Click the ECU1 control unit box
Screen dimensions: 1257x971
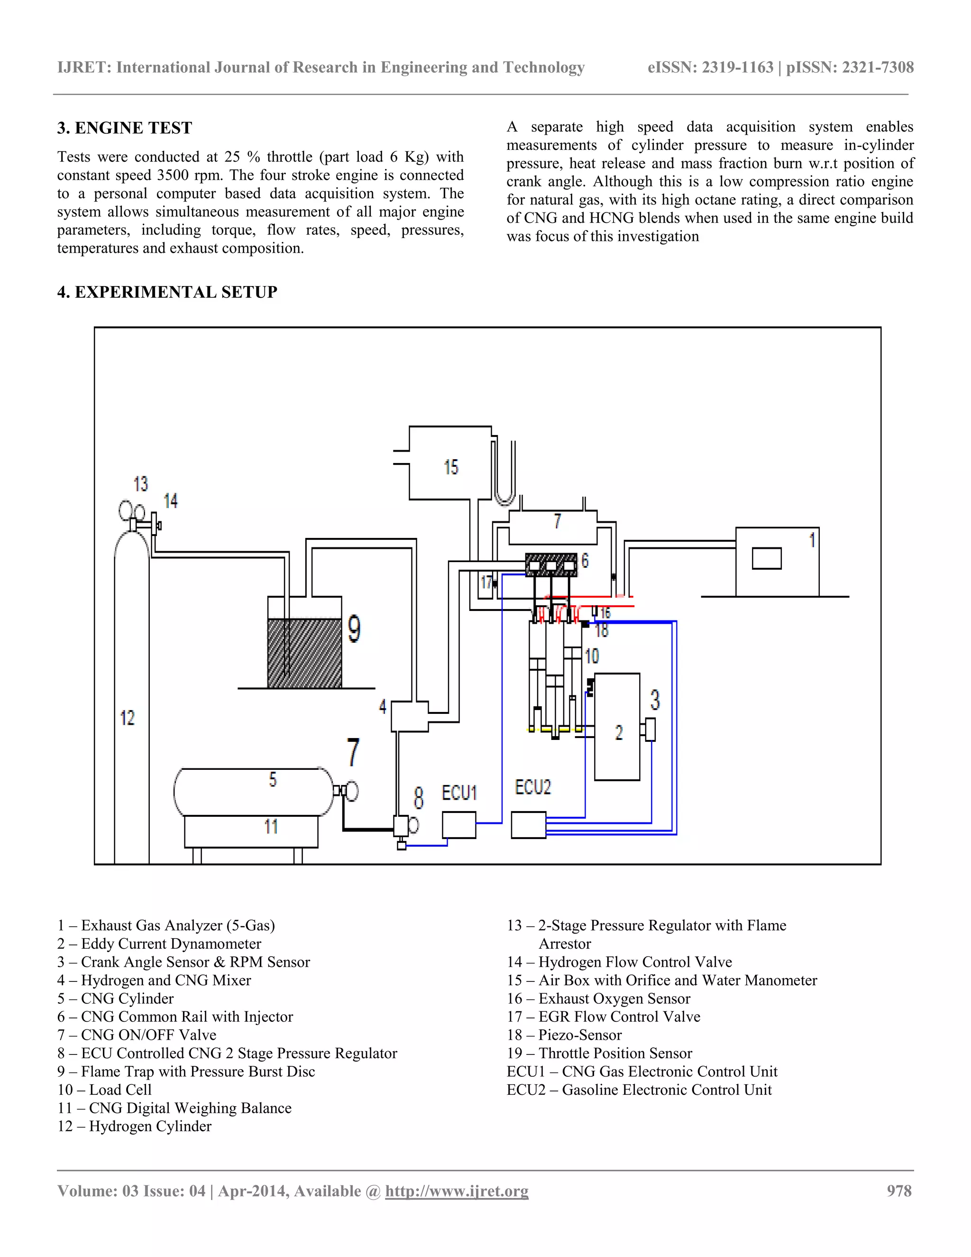pyautogui.click(x=458, y=825)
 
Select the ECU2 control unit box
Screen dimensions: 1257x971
pyautogui.click(x=528, y=825)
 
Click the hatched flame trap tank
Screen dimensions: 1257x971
pyautogui.click(x=304, y=653)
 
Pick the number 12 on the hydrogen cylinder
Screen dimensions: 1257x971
pyautogui.click(x=127, y=718)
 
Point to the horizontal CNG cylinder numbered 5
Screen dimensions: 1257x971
pyautogui.click(x=254, y=791)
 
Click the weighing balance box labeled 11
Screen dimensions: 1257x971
pyautogui.click(x=251, y=831)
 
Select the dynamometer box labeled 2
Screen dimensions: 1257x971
pyautogui.click(x=617, y=727)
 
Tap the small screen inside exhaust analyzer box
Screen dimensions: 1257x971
pyautogui.click(x=766, y=558)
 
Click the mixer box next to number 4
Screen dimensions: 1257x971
pyautogui.click(x=410, y=716)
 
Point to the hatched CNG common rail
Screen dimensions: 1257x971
pyautogui.click(x=550, y=564)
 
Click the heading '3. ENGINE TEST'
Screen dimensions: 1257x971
pyautogui.click(x=124, y=128)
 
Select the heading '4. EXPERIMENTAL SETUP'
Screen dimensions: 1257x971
pyautogui.click(x=167, y=292)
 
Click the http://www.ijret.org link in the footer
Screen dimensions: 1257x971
pyautogui.click(x=456, y=1191)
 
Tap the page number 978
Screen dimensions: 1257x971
pyautogui.click(x=899, y=1191)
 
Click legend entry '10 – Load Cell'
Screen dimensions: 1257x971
pyautogui.click(x=104, y=1090)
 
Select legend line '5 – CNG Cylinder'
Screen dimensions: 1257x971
pyautogui.click(x=115, y=998)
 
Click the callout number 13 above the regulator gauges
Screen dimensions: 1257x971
pyautogui.click(x=141, y=483)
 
